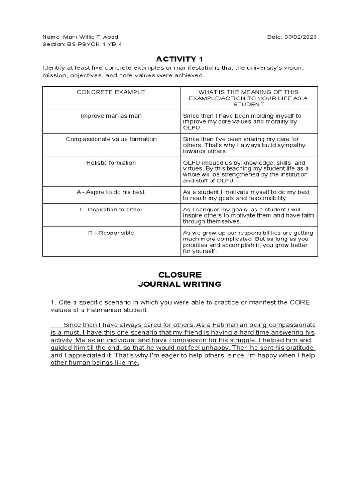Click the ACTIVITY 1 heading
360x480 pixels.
click(x=180, y=59)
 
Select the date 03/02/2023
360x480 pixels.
click(x=300, y=37)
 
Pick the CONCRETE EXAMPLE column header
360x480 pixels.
click(x=111, y=92)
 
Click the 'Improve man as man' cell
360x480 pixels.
click(x=111, y=116)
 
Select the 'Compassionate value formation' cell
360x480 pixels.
click(x=111, y=139)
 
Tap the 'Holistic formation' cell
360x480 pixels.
click(x=111, y=163)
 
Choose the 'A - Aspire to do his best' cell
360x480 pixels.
click(x=111, y=192)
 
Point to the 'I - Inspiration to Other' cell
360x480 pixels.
click(x=111, y=210)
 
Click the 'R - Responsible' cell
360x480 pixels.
click(x=111, y=233)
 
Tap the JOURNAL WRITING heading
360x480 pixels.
click(x=180, y=284)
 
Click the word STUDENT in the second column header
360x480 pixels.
click(x=249, y=105)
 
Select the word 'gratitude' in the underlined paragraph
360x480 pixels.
click(x=300, y=348)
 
